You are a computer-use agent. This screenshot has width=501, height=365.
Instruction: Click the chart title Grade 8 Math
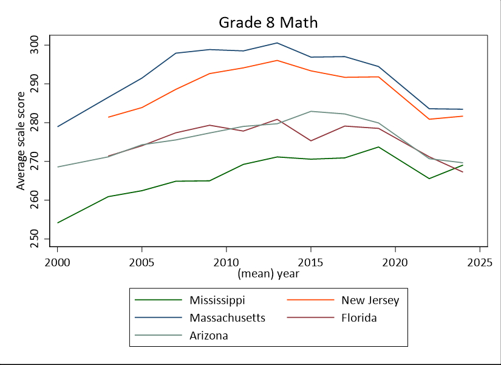[268, 22]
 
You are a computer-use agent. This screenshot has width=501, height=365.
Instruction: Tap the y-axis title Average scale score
[21, 141]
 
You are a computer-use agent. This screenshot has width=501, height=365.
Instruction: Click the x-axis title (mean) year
[268, 273]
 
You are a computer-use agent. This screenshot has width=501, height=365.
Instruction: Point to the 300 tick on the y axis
[38, 45]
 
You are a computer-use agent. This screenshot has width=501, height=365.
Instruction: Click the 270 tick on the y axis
[38, 162]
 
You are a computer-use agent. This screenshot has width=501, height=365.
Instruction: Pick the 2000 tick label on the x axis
[58, 262]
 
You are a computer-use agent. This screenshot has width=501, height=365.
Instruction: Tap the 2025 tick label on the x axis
[479, 262]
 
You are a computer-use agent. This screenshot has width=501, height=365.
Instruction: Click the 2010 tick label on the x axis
[226, 262]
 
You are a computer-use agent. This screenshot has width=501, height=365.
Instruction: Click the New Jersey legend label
[370, 300]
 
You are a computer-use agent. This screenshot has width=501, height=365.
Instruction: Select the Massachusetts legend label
[227, 318]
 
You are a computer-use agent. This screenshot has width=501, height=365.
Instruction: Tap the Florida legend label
[359, 318]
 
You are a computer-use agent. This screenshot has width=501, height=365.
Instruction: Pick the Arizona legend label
[208, 335]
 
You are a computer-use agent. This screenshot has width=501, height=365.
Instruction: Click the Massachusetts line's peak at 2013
[277, 43]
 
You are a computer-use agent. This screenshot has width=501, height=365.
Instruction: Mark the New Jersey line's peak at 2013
[277, 61]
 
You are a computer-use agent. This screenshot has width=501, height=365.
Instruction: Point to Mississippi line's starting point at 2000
[58, 223]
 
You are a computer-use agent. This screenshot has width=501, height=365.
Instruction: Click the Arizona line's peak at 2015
[310, 111]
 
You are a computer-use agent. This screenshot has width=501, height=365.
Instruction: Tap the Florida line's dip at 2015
[310, 141]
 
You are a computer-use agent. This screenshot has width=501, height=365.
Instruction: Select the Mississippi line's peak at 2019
[378, 147]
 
